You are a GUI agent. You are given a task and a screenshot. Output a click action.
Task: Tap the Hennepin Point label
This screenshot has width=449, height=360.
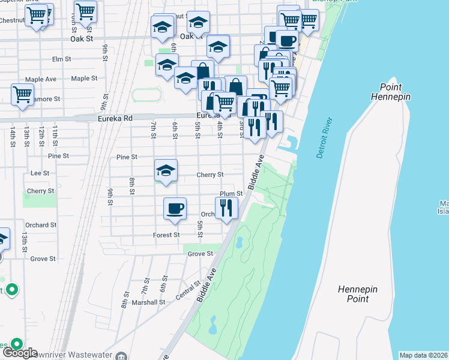[358, 294]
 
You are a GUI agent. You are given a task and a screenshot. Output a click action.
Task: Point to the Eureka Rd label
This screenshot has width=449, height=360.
[115, 118]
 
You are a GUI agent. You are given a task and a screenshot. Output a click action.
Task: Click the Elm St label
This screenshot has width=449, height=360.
[62, 59]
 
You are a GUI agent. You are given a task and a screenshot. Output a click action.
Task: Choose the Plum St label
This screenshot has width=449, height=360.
[231, 194]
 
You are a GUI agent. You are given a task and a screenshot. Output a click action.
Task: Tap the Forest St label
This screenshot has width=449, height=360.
[166, 235]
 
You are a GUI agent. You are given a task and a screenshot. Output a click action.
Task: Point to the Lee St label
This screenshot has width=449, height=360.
[39, 173]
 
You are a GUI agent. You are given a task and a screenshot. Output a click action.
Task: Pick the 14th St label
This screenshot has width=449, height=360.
[12, 135]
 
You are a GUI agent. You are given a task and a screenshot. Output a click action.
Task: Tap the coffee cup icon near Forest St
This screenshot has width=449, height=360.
[175, 208]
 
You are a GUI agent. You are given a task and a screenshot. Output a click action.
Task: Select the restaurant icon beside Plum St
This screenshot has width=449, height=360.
[226, 208]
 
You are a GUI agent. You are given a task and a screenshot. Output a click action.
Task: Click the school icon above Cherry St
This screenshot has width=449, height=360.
[166, 170]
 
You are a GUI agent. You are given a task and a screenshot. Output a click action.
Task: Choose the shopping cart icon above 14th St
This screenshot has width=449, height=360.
[22, 94]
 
